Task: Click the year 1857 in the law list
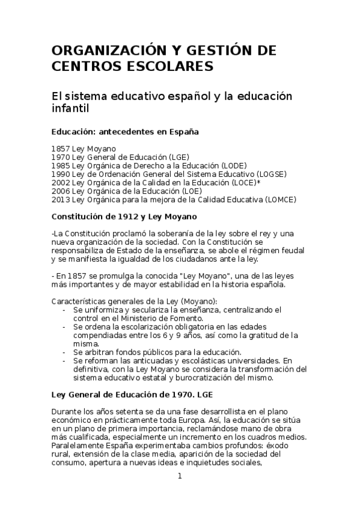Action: tap(61, 148)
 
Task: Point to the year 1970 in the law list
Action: tap(61, 157)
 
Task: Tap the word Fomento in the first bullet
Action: tap(187, 318)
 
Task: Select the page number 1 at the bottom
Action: tap(179, 476)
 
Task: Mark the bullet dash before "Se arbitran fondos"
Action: tap(64, 352)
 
